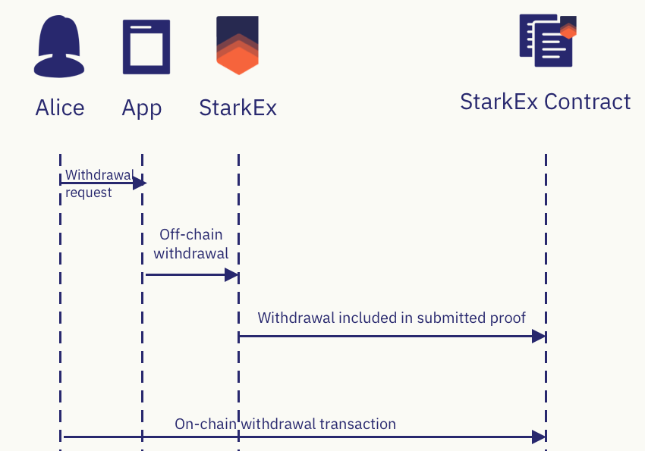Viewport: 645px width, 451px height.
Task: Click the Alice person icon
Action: tap(60, 47)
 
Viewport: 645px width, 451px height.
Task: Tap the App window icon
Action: tap(146, 47)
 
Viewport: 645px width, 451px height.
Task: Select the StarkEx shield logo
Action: tap(238, 45)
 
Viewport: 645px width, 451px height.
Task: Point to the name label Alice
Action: tap(60, 108)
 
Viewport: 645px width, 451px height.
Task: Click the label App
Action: tap(142, 108)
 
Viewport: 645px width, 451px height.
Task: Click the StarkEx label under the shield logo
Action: tap(238, 108)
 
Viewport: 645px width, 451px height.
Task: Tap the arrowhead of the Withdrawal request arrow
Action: tap(140, 183)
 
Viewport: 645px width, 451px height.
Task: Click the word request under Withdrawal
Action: tap(89, 193)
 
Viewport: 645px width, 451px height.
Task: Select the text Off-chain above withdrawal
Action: tap(191, 234)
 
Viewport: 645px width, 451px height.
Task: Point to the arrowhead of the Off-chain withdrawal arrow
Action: tap(232, 274)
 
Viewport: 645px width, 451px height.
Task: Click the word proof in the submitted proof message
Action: tap(508, 318)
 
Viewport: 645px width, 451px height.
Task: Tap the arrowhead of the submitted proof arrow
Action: tap(540, 336)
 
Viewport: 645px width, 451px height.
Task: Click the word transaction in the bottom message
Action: tap(358, 424)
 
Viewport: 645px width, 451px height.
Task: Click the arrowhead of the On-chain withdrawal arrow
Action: tap(540, 437)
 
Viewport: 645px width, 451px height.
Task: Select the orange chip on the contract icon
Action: tap(568, 30)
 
